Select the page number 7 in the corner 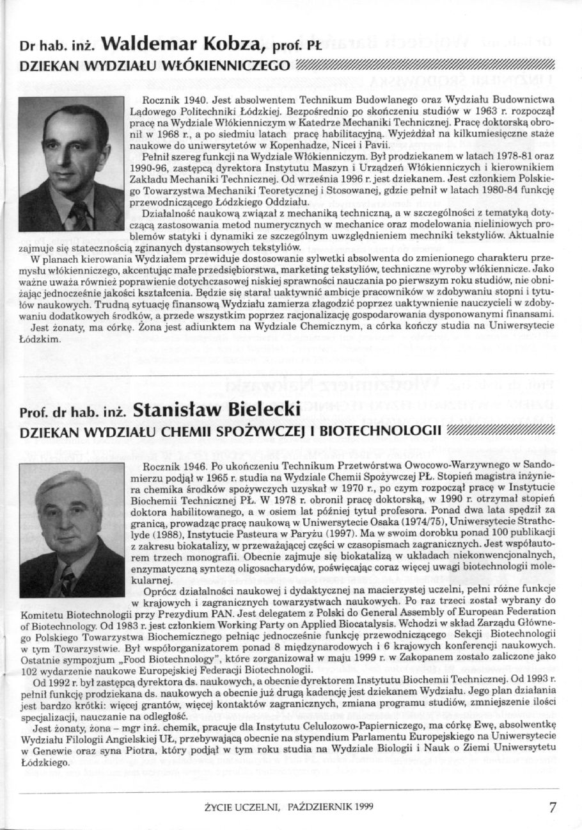pyautogui.click(x=553, y=807)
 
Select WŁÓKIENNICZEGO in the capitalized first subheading pyautogui.click(x=224, y=65)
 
